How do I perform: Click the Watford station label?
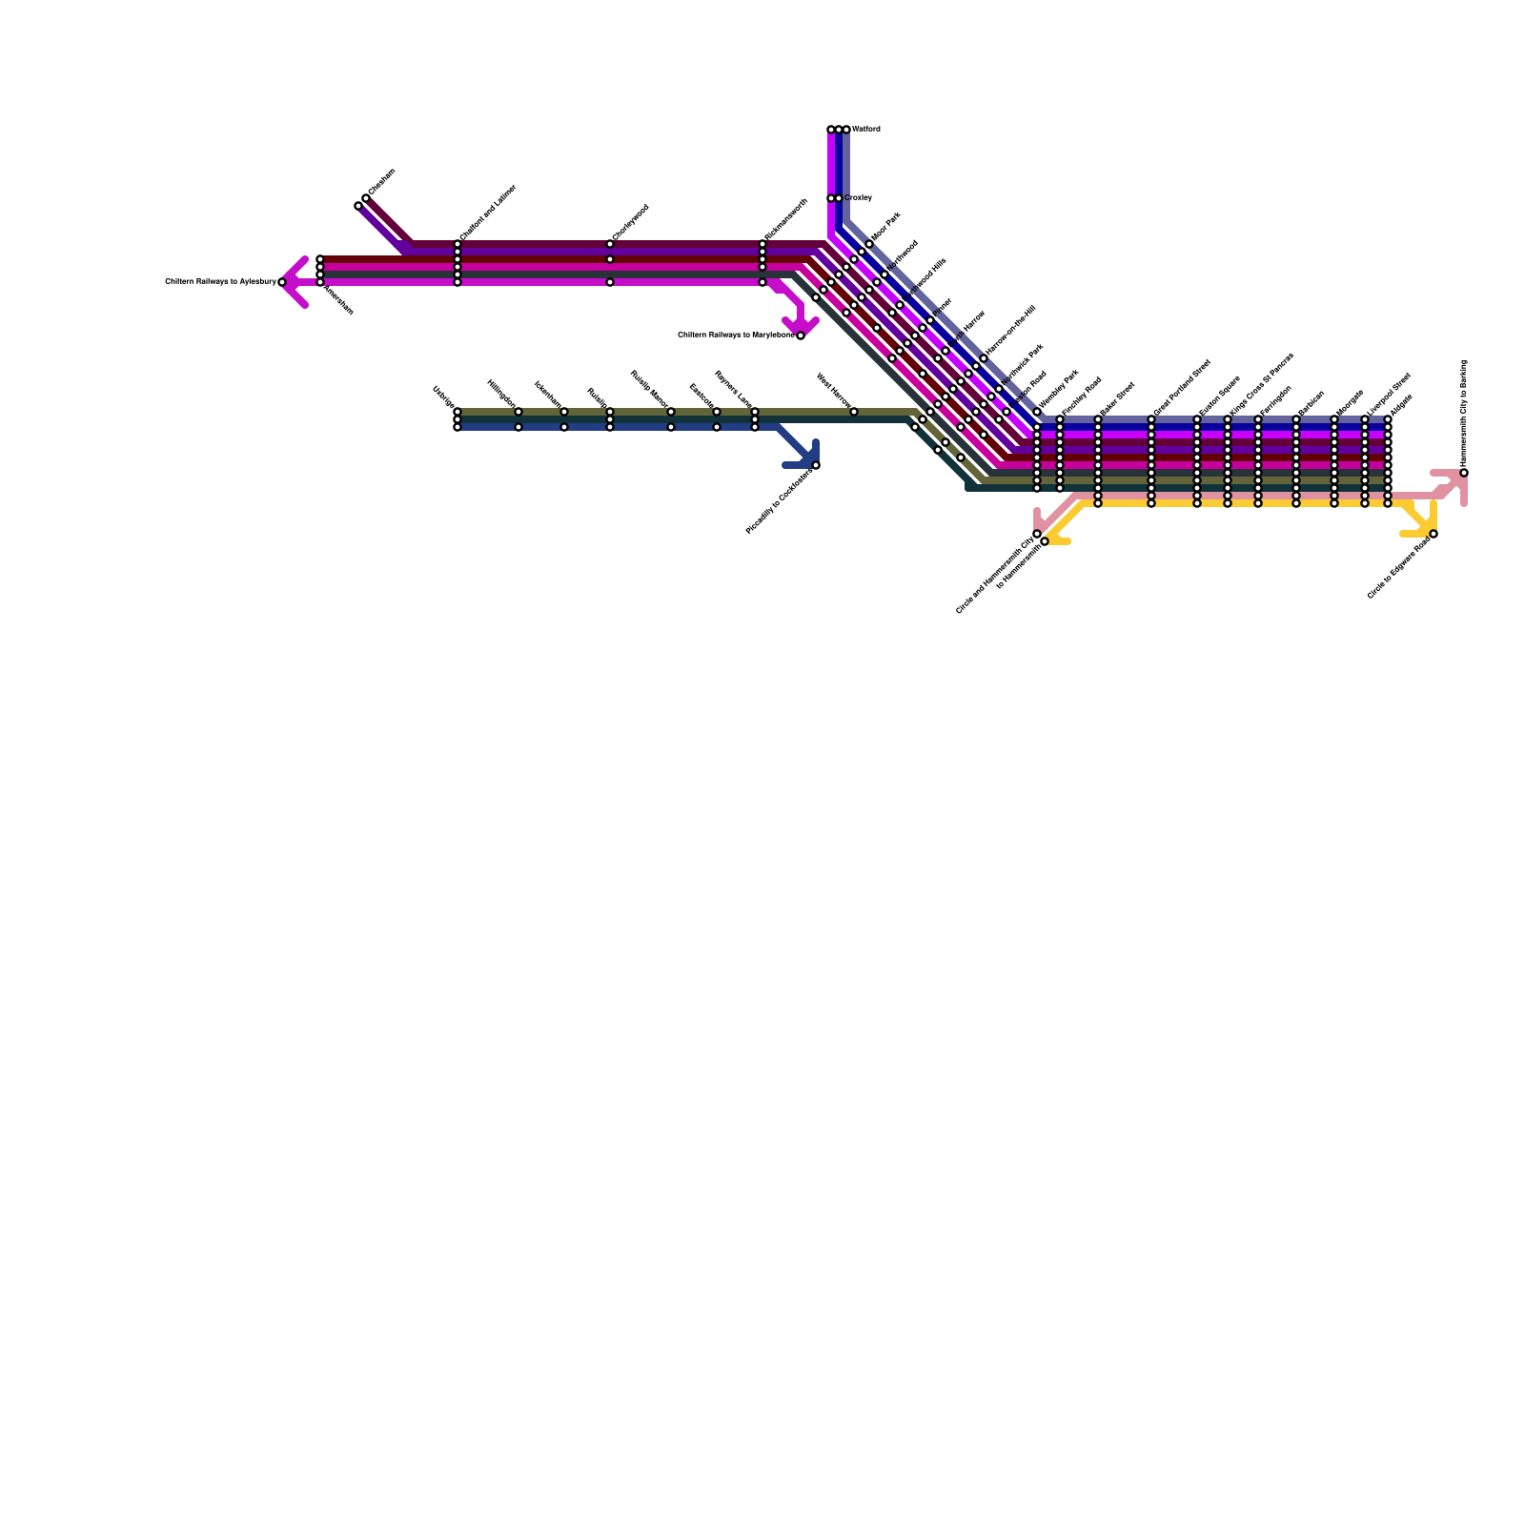(865, 129)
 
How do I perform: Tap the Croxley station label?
(858, 198)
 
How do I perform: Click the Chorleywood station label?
(630, 222)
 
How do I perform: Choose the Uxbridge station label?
(444, 396)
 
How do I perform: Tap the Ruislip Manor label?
(650, 390)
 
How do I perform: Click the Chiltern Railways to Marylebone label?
(736, 335)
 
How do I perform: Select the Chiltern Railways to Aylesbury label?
(220, 282)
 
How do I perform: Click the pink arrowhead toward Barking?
(1454, 482)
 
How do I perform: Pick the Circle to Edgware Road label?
(1399, 568)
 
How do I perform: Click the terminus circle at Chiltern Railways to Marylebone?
(801, 335)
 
